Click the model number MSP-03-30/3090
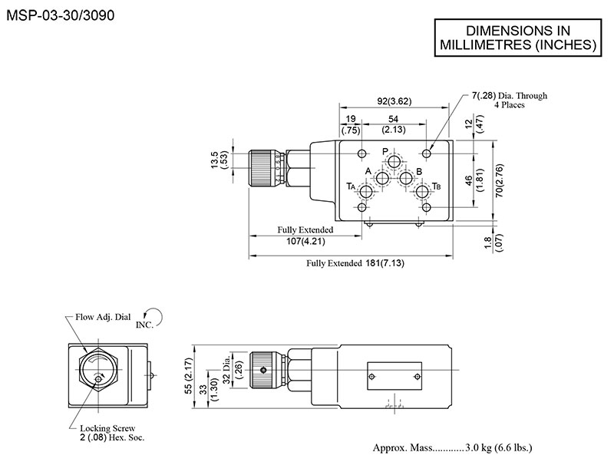pos(60,14)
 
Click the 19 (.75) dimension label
pos(350,124)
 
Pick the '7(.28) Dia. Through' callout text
pos(509,96)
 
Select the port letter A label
pos(368,170)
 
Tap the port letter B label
pos(419,170)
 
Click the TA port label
pos(351,186)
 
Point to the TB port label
pos(436,186)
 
